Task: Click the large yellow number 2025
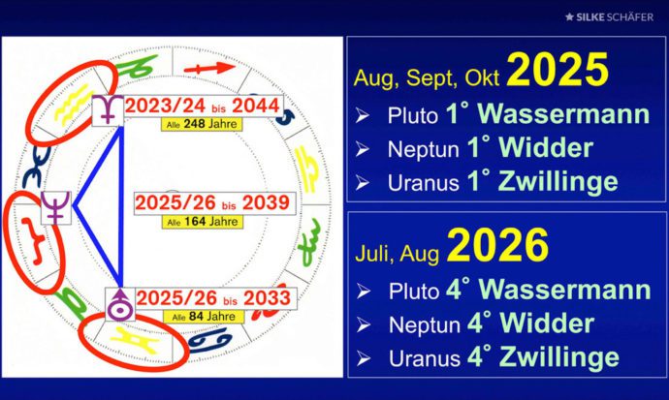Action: click(557, 71)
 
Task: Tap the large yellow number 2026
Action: click(497, 245)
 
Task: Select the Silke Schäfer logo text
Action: click(609, 17)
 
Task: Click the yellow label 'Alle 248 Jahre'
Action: click(202, 124)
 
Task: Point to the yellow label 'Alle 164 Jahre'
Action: click(203, 222)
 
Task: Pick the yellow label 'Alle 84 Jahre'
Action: click(204, 317)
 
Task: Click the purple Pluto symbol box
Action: click(108, 110)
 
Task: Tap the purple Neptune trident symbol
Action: click(55, 207)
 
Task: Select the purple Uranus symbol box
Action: click(120, 304)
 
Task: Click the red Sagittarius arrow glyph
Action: click(209, 68)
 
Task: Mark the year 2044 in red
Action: click(256, 106)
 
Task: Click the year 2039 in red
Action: click(267, 202)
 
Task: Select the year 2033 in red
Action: click(267, 297)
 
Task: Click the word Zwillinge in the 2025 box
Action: click(558, 182)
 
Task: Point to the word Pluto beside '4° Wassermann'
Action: click(414, 291)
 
